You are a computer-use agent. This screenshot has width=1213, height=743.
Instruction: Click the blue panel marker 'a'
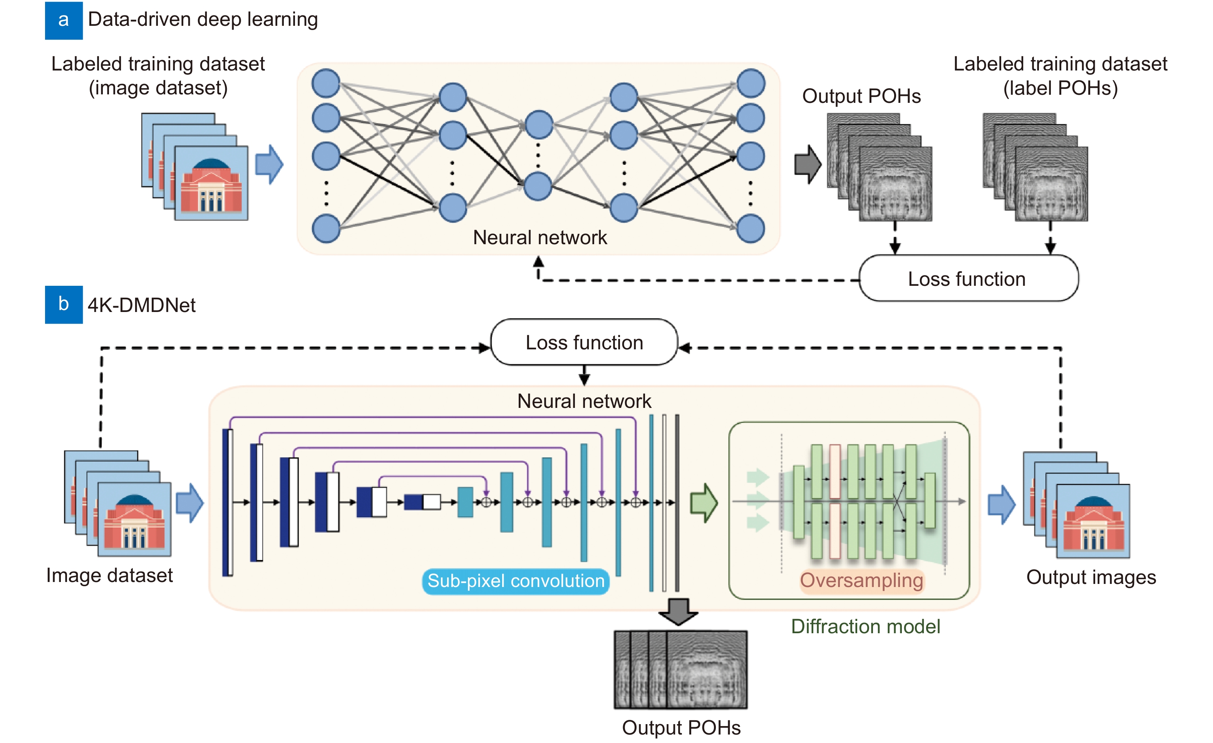pyautogui.click(x=64, y=20)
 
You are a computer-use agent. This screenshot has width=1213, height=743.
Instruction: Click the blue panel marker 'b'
pyautogui.click(x=64, y=304)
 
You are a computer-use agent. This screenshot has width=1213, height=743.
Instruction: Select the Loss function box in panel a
pyautogui.click(x=968, y=279)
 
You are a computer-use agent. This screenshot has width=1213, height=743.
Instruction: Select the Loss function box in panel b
pyautogui.click(x=584, y=342)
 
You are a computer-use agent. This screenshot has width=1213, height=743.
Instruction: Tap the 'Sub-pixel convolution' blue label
pyautogui.click(x=515, y=581)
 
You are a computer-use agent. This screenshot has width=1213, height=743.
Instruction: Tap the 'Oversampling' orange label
pyautogui.click(x=861, y=580)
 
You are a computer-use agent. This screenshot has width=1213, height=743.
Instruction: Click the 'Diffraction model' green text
pyautogui.click(x=865, y=626)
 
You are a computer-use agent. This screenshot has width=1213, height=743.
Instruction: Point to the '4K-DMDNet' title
pyautogui.click(x=141, y=305)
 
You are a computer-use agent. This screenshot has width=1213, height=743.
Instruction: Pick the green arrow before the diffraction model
pyautogui.click(x=704, y=503)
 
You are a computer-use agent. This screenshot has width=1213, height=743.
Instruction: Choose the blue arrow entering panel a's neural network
pyautogui.click(x=269, y=164)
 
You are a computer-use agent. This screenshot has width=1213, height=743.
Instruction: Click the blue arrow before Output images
pyautogui.click(x=1001, y=504)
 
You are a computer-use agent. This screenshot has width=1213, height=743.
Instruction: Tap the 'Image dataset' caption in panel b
pyautogui.click(x=109, y=575)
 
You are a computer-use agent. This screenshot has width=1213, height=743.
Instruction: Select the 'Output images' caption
pyautogui.click(x=1091, y=577)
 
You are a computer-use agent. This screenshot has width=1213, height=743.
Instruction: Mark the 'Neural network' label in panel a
pyautogui.click(x=539, y=237)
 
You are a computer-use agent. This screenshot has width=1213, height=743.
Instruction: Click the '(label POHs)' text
pyautogui.click(x=1061, y=88)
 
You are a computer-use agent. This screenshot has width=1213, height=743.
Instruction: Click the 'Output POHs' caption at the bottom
pyautogui.click(x=681, y=727)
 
